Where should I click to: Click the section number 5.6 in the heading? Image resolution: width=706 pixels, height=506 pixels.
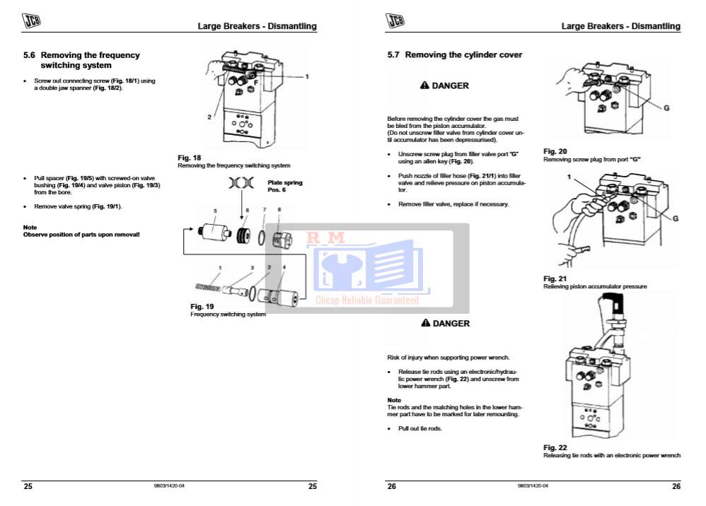click(30, 55)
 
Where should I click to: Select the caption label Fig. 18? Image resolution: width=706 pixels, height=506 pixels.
click(190, 158)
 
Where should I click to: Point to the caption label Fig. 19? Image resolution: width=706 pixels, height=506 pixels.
click(202, 306)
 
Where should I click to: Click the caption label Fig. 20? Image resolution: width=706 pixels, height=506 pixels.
click(555, 151)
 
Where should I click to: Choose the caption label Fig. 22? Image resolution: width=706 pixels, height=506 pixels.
click(555, 447)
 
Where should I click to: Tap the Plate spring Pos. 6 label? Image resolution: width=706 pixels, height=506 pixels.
click(284, 186)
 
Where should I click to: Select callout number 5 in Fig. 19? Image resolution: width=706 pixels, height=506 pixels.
click(216, 211)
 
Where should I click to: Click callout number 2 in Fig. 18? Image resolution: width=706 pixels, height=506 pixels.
click(210, 117)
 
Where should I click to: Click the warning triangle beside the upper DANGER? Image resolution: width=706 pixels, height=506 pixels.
click(424, 86)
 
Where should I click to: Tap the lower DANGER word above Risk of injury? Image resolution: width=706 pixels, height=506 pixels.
click(451, 324)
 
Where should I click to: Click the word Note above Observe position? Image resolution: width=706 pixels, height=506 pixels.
click(30, 227)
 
